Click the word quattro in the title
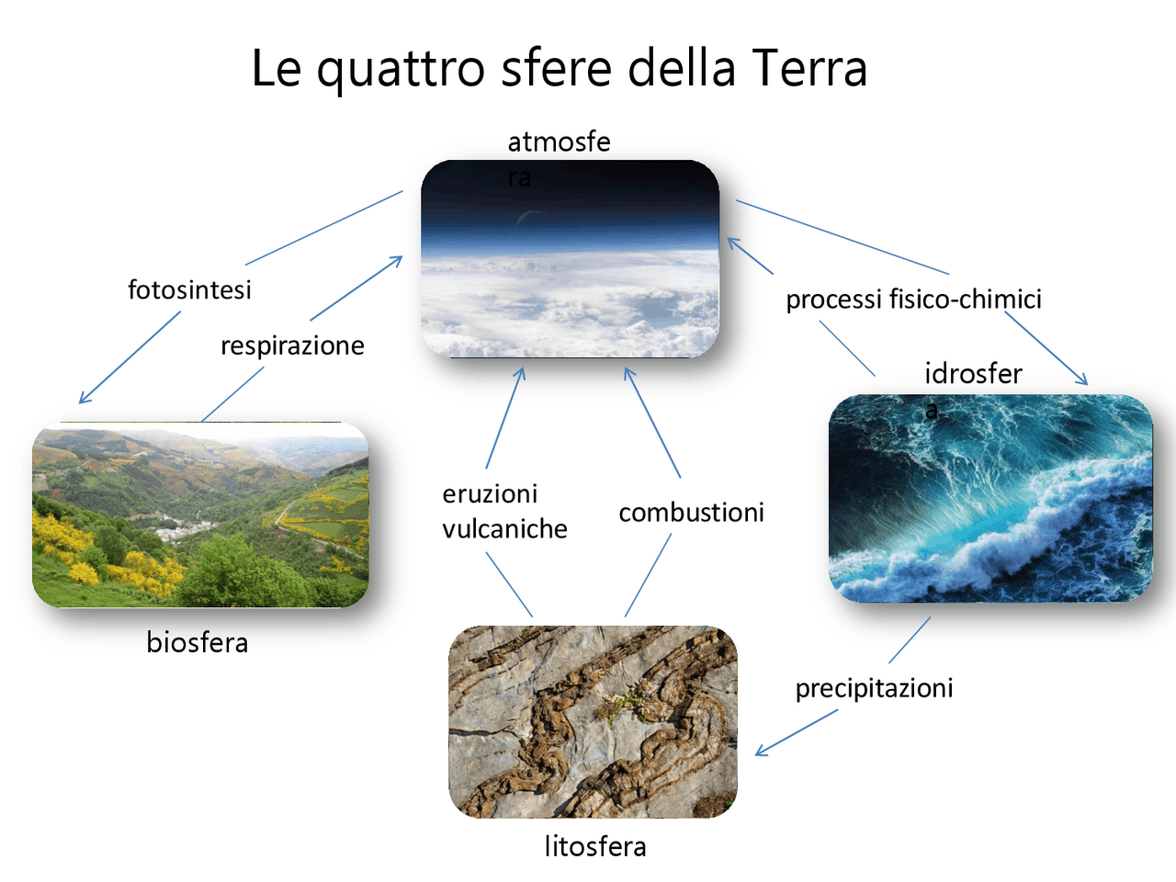tap(401, 71)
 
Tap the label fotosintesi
tap(189, 289)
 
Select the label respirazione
tap(292, 346)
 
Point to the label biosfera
tap(198, 642)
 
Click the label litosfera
tap(595, 847)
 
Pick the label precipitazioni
tap(874, 689)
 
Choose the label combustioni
tap(691, 513)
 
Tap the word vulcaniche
tap(504, 529)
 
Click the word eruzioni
tap(490, 493)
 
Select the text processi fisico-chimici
tap(913, 299)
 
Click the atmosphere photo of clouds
tap(570, 259)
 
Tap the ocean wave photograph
tap(990, 498)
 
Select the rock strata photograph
tap(593, 721)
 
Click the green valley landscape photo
tap(200, 514)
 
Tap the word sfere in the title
tap(556, 68)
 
